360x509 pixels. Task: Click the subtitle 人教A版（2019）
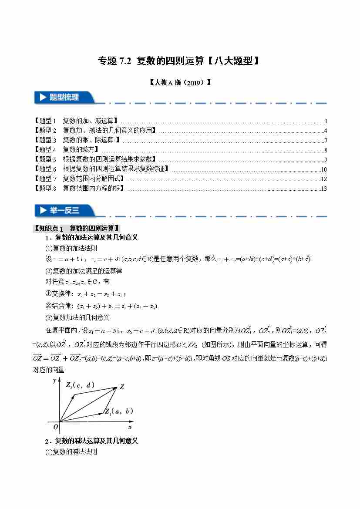pos(180,82)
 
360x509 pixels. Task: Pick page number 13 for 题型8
pos(323,189)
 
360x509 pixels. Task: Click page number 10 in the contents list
pos(323,169)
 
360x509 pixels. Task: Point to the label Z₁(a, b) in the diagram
pos(119,411)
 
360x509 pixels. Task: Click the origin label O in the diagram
pos(55,427)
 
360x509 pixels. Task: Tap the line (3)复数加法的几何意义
pos(77,317)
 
